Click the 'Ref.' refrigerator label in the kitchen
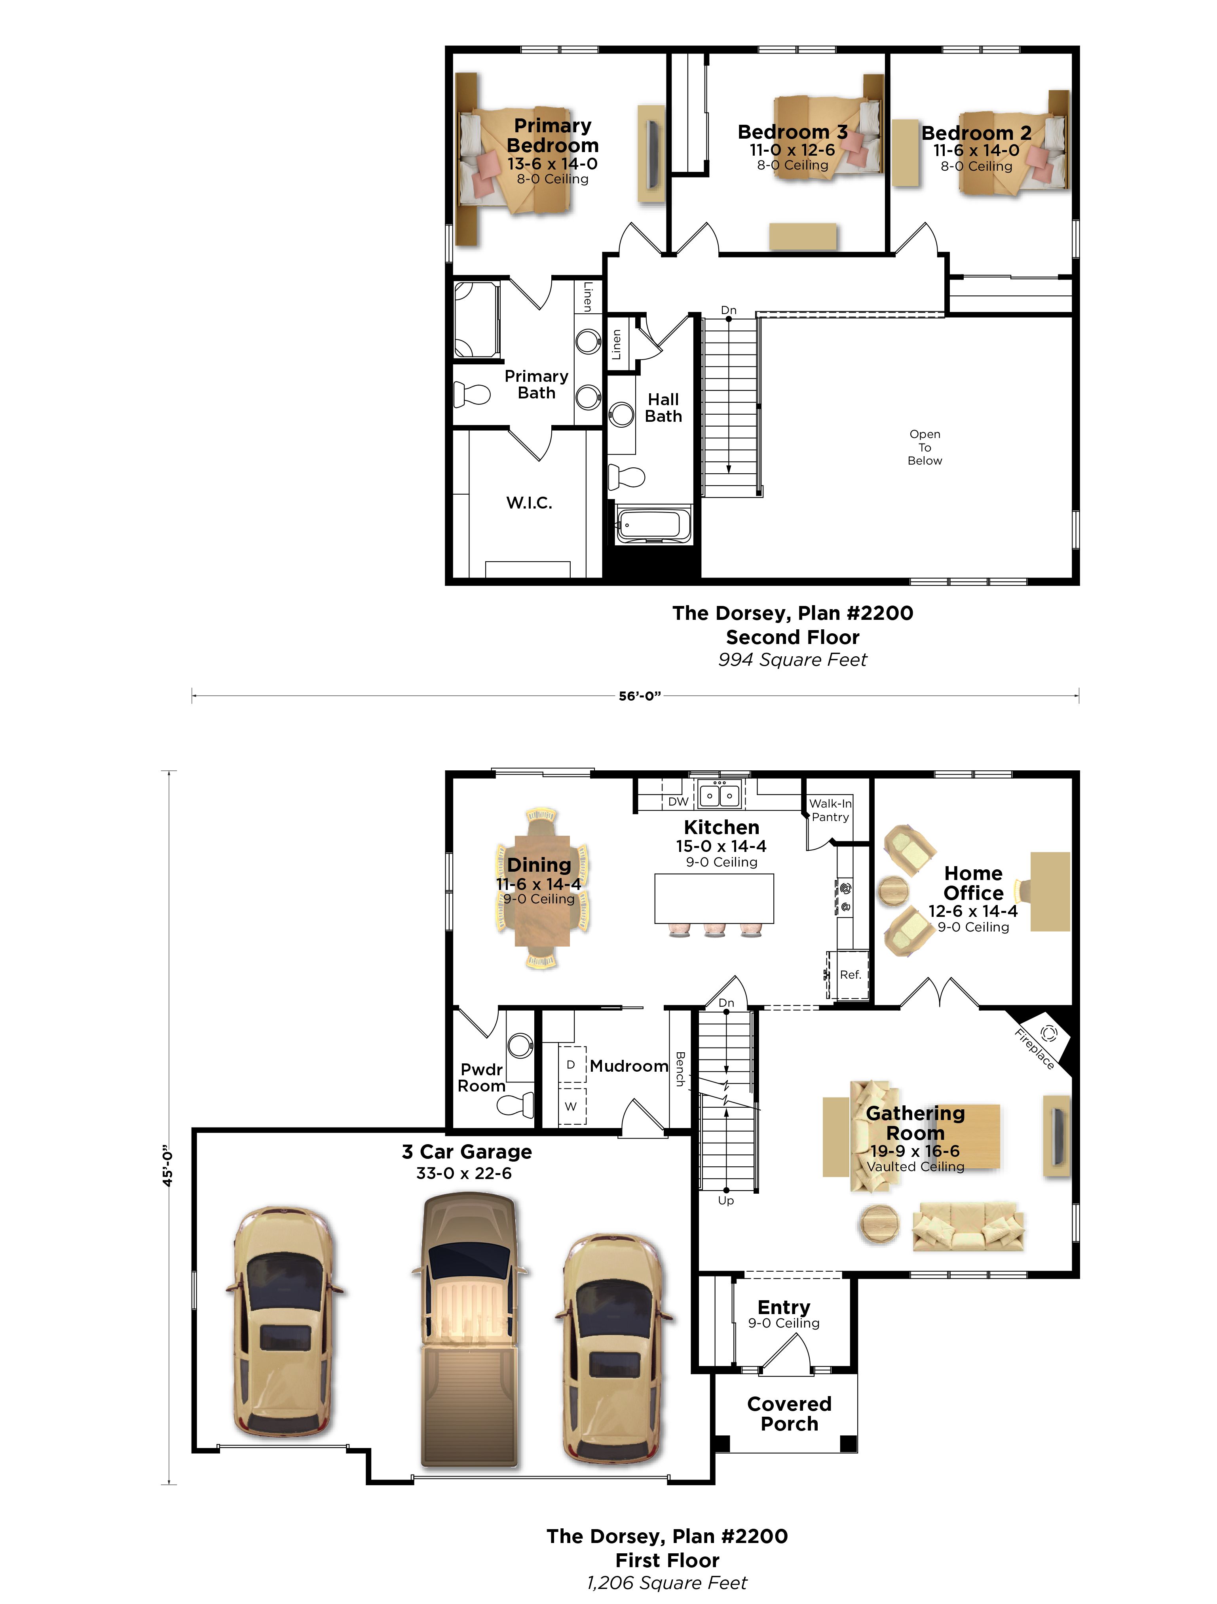coord(850,975)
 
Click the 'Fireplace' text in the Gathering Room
coord(1034,1049)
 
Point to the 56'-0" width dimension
coord(639,696)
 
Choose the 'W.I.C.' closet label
coord(529,503)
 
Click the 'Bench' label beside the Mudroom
coord(680,1068)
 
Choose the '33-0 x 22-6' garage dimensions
coord(464,1173)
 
